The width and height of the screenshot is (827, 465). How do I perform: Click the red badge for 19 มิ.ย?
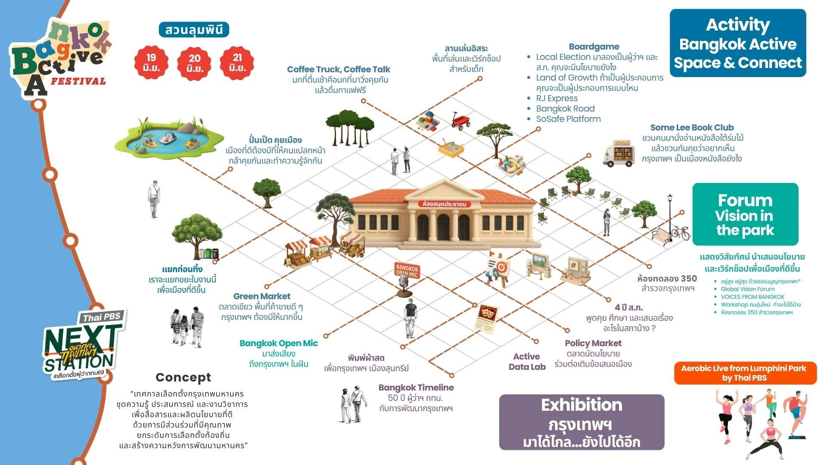coord(151,63)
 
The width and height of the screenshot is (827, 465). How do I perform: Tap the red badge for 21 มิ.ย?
coord(237,63)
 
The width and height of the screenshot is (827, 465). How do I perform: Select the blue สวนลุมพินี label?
coord(194,30)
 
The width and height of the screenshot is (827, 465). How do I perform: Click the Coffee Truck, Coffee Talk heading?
coord(339,69)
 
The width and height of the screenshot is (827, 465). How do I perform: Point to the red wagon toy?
coord(460,120)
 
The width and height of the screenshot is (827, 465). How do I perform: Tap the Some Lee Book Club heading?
coord(692,127)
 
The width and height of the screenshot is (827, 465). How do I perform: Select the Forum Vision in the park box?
coord(745,214)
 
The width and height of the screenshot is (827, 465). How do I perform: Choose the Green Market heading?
coord(261,296)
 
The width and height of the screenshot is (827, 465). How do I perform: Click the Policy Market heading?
coord(593,343)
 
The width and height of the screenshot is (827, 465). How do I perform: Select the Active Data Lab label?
coord(527,362)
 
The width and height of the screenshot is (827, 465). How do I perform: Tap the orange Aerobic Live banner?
coord(745,373)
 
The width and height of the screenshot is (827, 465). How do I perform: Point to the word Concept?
coord(183,378)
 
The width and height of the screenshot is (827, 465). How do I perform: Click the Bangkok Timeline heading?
coord(416,387)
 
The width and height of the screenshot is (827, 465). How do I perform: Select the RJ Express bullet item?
coord(557,98)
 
